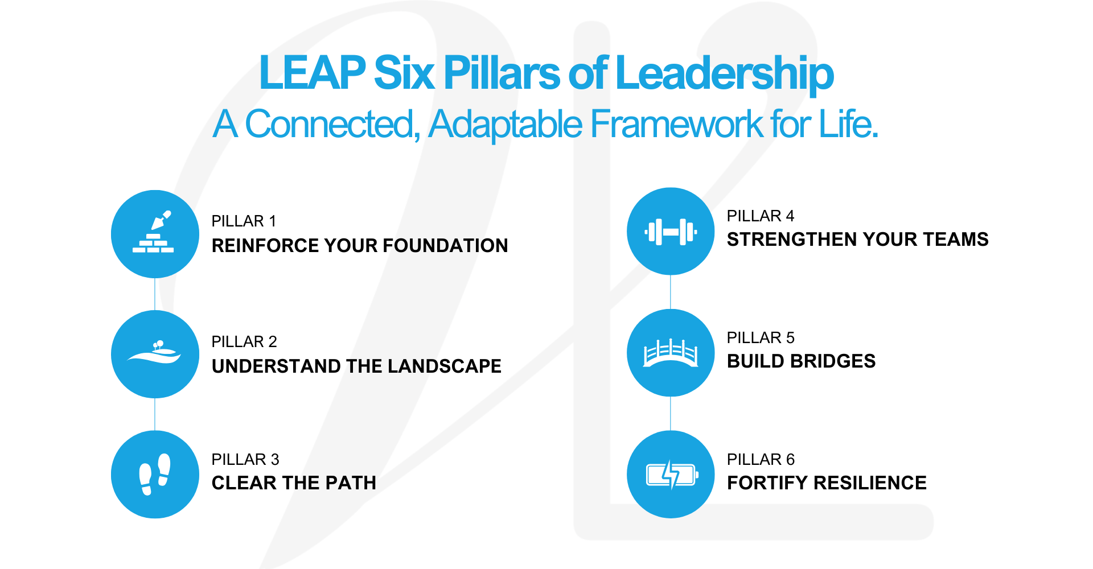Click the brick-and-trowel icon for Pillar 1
[154, 234]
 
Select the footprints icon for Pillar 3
[154, 474]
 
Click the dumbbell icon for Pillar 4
[671, 232]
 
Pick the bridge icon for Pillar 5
[671, 353]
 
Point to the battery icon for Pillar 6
[671, 474]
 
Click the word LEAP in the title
[312, 73]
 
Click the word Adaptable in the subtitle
[506, 125]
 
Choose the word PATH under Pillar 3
[351, 483]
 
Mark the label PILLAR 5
[761, 338]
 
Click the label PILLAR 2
[244, 342]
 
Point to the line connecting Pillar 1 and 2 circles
[155, 294]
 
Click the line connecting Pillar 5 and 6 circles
[671, 414]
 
